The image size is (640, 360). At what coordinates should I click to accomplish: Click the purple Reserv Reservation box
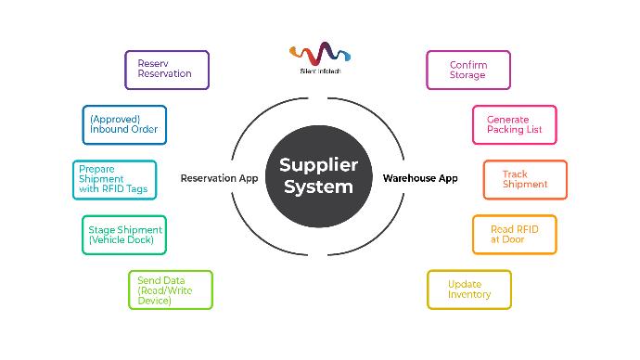167,70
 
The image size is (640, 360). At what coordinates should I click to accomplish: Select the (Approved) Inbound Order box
124,123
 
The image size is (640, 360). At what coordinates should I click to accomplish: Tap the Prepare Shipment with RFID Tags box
114,179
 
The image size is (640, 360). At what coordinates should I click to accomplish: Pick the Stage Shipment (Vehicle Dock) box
124,234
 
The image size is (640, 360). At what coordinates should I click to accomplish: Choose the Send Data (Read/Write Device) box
170,289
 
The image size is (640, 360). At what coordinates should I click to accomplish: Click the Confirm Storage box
467,70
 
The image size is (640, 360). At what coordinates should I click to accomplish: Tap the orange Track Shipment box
524,179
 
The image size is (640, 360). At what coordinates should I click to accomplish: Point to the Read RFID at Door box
515,234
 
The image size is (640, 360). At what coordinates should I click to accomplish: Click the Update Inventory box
468,289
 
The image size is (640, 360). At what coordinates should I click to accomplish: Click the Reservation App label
219,178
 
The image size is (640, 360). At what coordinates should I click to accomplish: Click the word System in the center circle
319,187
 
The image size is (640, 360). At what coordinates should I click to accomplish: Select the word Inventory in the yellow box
469,295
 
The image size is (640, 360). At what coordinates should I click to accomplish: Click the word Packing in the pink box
506,130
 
